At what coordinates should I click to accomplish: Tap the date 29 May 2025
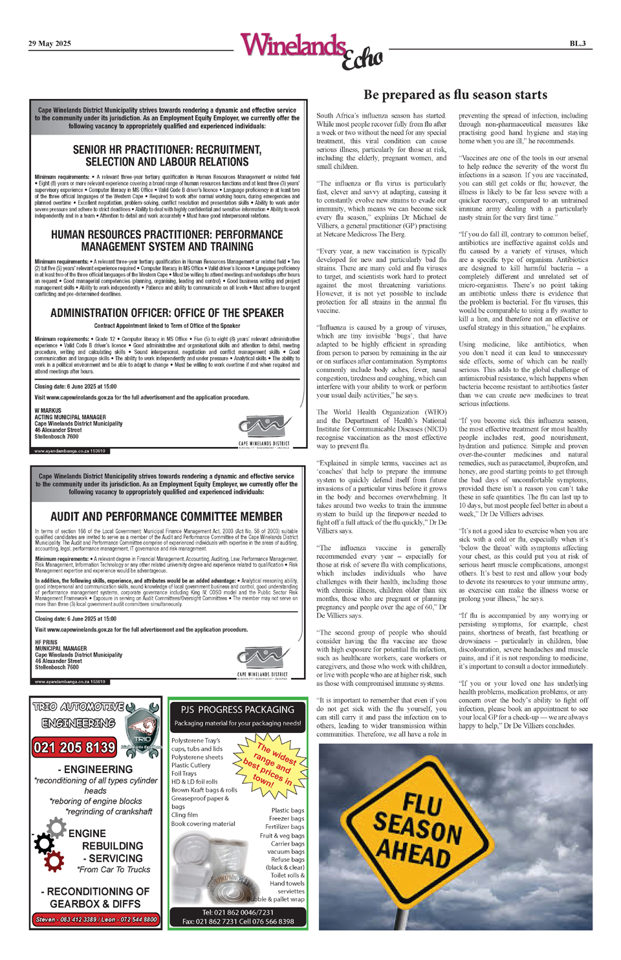tap(49, 43)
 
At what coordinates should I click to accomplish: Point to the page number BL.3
tap(577, 43)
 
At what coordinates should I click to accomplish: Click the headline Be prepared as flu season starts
tap(455, 94)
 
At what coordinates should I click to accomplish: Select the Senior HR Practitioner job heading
tap(167, 155)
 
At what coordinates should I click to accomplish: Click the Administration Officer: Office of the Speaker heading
tap(167, 312)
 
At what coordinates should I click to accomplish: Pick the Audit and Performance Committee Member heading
tap(166, 516)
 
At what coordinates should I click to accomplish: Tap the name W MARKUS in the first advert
tap(48, 410)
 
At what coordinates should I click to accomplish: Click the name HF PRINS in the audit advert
tap(46, 642)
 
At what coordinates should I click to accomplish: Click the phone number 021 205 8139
tap(74, 747)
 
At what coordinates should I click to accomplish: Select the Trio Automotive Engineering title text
tap(78, 714)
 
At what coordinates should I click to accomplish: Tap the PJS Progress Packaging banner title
tap(237, 710)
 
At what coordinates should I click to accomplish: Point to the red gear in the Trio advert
tap(54, 860)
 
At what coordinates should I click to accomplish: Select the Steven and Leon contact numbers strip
tap(96, 919)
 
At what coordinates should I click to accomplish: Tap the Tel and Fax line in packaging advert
tap(237, 917)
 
